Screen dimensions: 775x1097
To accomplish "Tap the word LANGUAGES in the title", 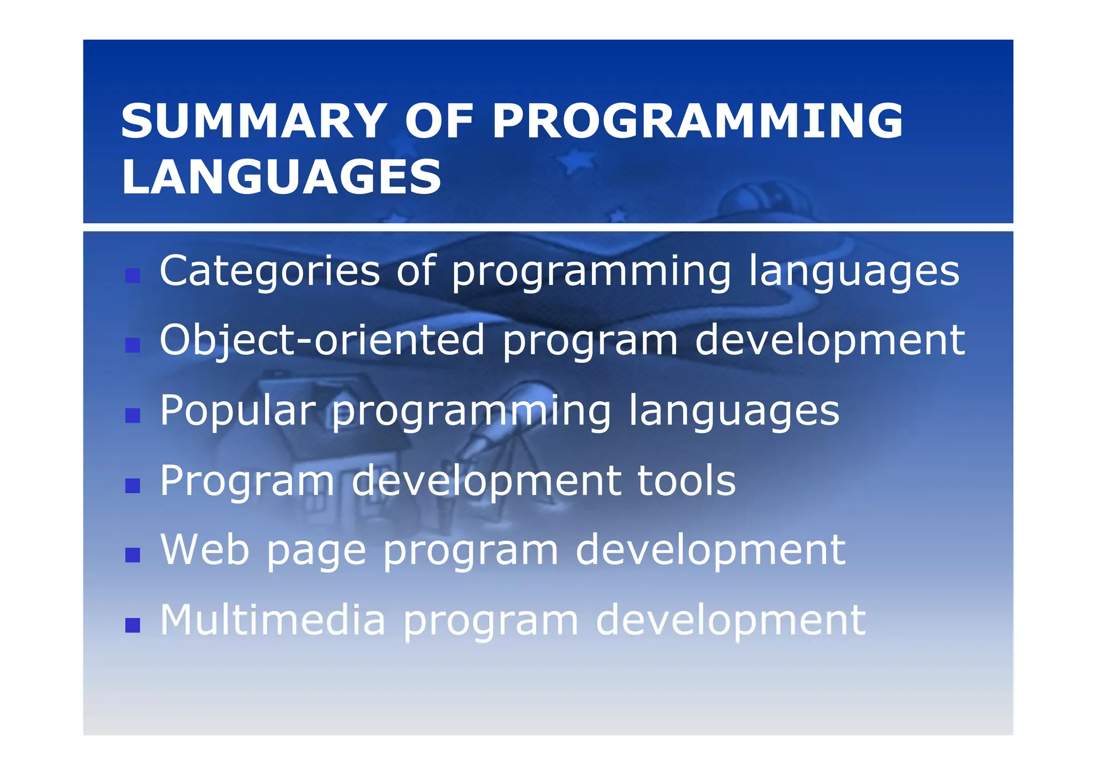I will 281,177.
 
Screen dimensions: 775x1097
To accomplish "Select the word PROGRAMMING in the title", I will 697,122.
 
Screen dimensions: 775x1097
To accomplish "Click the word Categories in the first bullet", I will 269,272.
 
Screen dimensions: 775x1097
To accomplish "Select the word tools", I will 686,480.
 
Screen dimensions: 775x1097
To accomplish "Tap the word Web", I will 205,550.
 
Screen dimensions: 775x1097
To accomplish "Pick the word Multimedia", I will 273,620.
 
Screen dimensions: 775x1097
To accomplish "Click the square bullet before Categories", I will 132,276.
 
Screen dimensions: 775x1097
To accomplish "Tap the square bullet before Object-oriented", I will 132,345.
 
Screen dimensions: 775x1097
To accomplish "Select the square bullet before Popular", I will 132,416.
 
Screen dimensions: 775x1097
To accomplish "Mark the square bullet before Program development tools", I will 132,485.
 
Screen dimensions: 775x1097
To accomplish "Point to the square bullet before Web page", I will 132,555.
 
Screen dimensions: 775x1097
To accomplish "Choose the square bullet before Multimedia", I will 132,625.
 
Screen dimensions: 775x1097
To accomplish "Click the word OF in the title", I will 439,122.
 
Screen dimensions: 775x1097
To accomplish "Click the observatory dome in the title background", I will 761,201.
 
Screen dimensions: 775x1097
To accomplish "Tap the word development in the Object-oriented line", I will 830,341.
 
